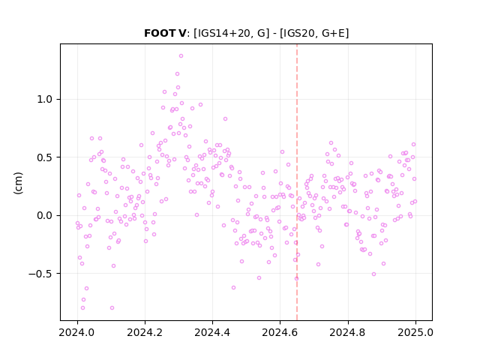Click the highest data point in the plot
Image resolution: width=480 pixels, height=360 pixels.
click(x=181, y=56)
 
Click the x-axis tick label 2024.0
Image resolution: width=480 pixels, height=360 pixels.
click(x=77, y=332)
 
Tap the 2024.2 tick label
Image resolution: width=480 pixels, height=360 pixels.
click(x=145, y=332)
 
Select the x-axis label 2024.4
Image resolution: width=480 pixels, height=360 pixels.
click(x=212, y=332)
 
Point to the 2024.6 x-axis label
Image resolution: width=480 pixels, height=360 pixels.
click(x=280, y=332)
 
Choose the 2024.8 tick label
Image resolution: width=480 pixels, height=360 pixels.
click(x=347, y=332)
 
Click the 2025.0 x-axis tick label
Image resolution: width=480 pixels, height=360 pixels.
click(x=415, y=332)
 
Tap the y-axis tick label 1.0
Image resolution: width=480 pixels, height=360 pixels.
click(x=45, y=100)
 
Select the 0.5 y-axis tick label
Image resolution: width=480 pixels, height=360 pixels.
click(x=45, y=157)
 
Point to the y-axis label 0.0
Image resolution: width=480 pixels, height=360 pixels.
click(x=45, y=215)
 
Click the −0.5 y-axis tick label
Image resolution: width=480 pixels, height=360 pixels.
click(x=40, y=274)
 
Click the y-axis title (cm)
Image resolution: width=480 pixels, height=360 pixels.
click(x=18, y=183)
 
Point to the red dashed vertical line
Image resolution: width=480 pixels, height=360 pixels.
click(x=297, y=182)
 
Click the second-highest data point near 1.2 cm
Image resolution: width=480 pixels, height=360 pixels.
click(x=177, y=73)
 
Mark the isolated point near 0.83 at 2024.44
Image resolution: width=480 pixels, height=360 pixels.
click(x=225, y=118)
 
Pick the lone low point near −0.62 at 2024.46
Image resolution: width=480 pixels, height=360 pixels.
click(x=233, y=288)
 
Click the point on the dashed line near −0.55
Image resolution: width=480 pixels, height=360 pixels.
click(x=296, y=278)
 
